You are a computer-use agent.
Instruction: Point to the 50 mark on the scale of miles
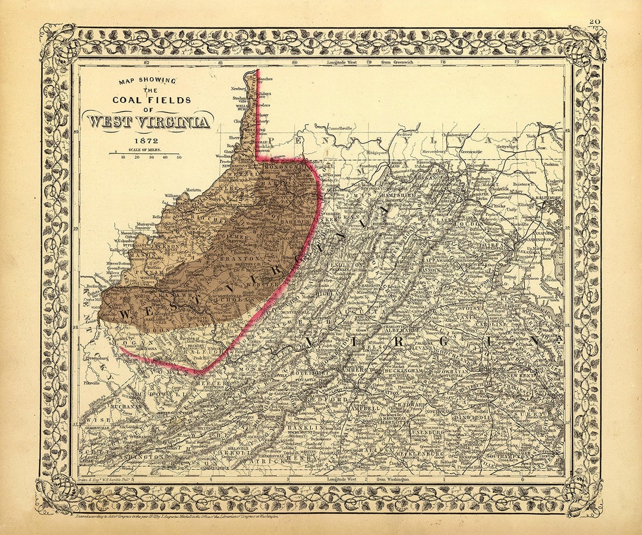(x=179, y=157)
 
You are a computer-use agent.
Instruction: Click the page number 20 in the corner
(x=594, y=21)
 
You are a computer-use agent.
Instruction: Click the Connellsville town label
(x=336, y=127)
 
